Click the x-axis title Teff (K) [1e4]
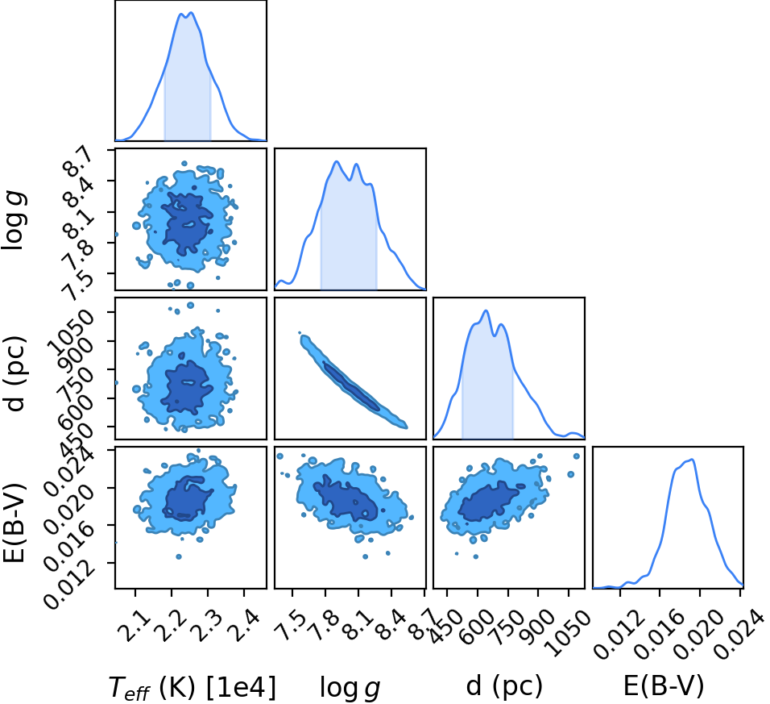(192, 686)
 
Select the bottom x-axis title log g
(350, 687)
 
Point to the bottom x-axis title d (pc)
(504, 685)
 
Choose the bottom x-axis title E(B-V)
(664, 685)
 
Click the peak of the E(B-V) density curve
(692, 460)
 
